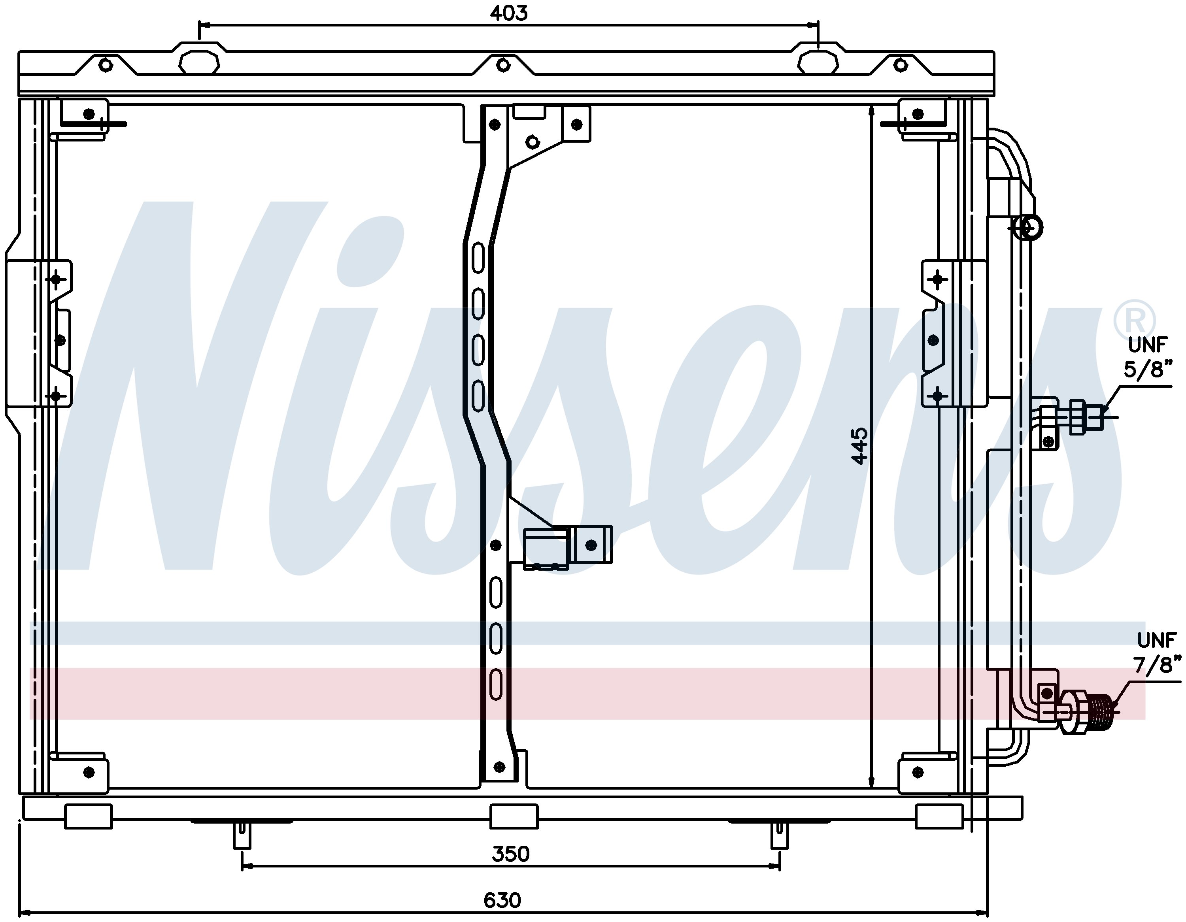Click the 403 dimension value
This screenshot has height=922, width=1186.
coord(508,13)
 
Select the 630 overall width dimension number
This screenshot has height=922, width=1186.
coord(502,900)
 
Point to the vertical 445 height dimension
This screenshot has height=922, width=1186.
coord(859,446)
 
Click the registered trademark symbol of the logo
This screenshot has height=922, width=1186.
coord(1135,321)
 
